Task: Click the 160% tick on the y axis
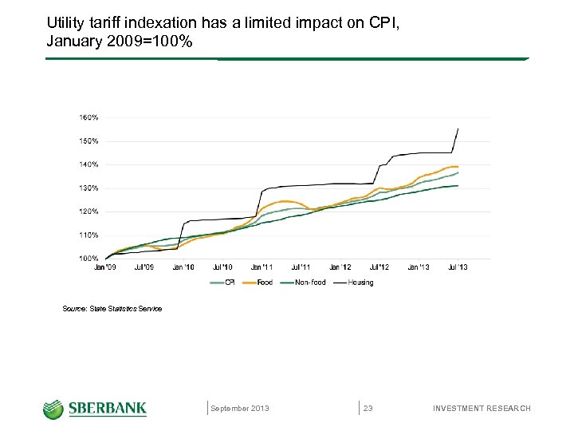88,117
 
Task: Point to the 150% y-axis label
88,141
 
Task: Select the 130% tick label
88,188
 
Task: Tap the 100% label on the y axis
88,259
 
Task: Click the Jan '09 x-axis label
105,267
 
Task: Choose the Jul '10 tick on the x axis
222,267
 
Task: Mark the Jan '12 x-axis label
340,267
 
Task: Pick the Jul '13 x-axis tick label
458,267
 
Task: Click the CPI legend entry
222,283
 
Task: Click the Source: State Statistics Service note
112,309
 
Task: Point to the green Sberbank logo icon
53,409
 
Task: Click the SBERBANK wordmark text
107,409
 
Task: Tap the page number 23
368,409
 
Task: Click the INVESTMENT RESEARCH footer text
481,409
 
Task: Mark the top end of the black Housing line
458,129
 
